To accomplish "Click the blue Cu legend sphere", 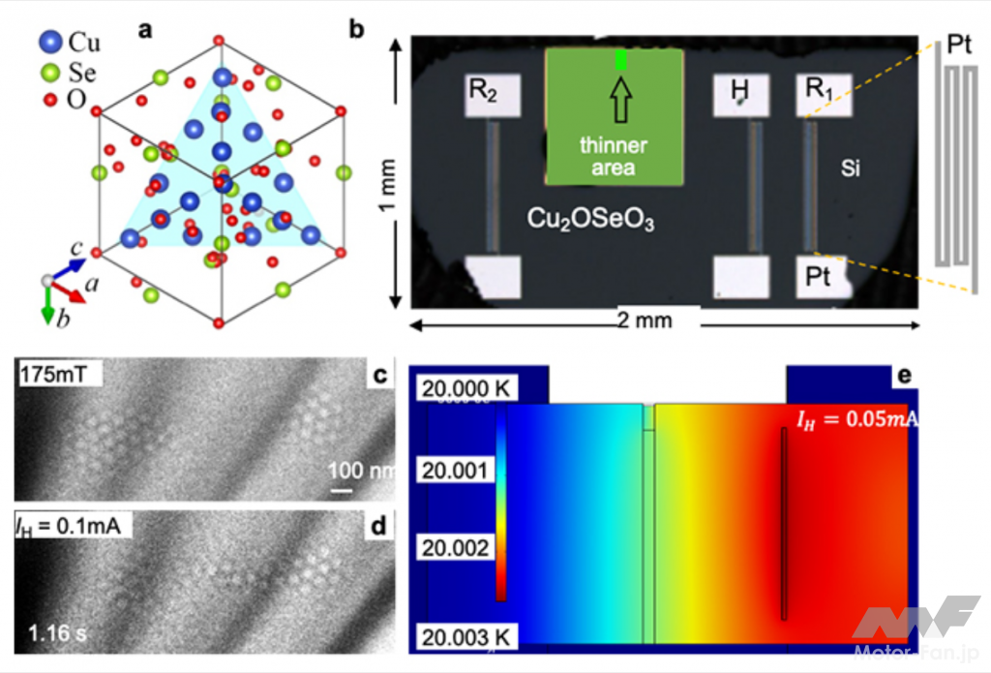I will (50, 42).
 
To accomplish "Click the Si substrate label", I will (851, 170).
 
